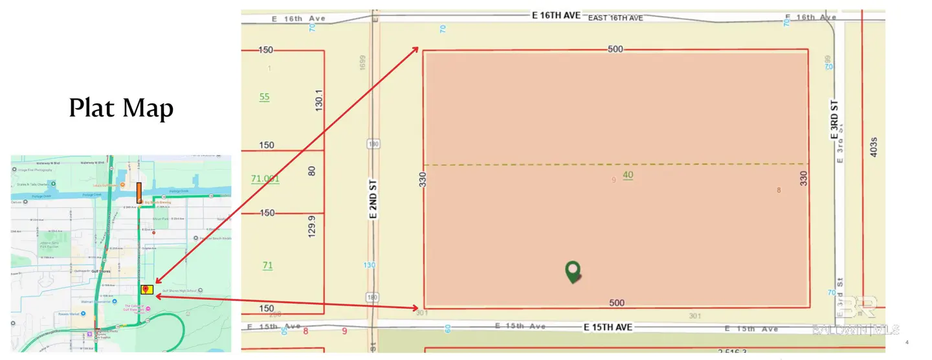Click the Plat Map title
121,108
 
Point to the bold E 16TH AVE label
556,15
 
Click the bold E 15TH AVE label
608,327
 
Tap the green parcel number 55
264,97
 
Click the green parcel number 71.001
265,179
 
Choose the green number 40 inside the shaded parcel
628,175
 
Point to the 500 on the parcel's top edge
616,49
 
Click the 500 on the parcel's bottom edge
617,302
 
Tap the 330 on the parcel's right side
804,179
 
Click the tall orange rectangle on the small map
139,193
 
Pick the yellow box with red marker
147,289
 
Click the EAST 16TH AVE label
615,18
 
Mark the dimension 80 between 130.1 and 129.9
312,172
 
